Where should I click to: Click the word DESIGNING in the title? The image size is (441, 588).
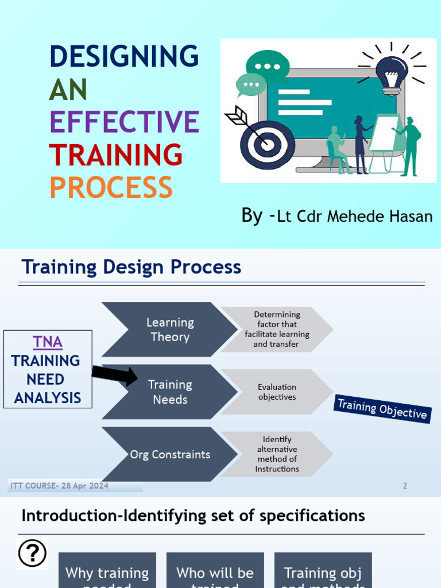point(124,57)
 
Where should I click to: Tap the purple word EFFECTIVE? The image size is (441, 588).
point(124,122)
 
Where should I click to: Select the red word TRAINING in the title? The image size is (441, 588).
point(115,155)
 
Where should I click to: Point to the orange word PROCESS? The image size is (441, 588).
point(111,188)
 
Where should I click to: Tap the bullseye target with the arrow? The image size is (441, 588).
point(266,144)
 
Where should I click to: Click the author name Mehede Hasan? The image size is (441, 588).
point(380,216)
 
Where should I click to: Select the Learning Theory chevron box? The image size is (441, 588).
point(169,330)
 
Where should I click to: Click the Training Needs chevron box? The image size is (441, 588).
point(169,392)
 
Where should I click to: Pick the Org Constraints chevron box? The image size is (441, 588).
point(169,454)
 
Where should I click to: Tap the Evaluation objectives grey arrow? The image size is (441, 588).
point(277,392)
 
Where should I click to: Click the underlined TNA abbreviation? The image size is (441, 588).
point(48,342)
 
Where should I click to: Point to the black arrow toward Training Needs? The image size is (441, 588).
point(114,374)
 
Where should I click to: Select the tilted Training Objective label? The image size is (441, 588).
point(382,408)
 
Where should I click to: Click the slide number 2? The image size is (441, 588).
point(405,486)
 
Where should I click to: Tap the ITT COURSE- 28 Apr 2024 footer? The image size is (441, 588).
point(59,486)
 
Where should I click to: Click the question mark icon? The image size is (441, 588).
point(32,554)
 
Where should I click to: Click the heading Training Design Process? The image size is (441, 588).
point(131,267)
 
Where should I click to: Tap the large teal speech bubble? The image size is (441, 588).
point(268,67)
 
